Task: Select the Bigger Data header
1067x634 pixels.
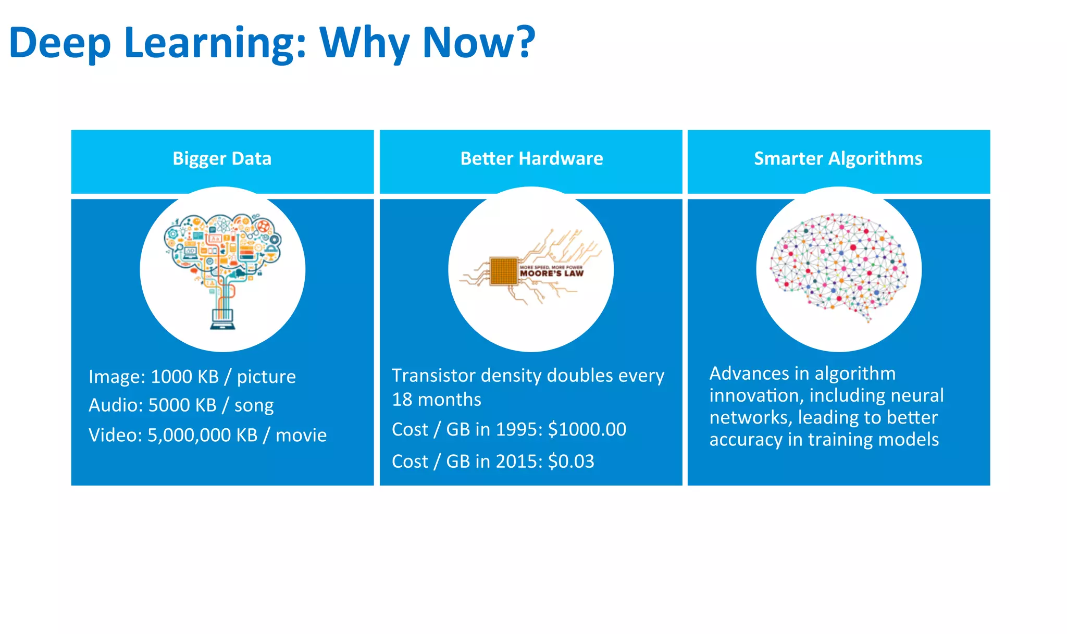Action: pos(222,158)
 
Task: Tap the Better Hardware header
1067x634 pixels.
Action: pos(531,158)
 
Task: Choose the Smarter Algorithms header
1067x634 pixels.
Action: pos(838,158)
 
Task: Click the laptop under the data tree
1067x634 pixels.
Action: pos(222,319)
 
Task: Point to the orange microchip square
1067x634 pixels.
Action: pos(503,271)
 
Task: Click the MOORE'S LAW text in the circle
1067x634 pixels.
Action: pos(551,273)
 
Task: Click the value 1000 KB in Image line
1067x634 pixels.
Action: pos(184,377)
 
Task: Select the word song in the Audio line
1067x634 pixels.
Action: pos(254,406)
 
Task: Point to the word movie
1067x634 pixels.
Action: pos(301,435)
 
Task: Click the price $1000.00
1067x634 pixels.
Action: pos(587,429)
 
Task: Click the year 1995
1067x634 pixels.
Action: pos(519,429)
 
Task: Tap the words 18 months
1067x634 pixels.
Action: pos(436,400)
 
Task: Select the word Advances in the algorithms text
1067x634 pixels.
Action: pos(749,374)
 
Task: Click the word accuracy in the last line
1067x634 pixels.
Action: pos(745,440)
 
